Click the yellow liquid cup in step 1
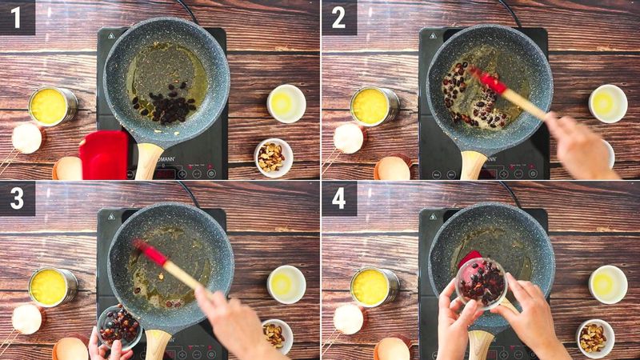click(x=52, y=106)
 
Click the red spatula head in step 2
click(x=489, y=80)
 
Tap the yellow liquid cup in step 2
click(x=374, y=106)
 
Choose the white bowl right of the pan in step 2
click(x=608, y=103)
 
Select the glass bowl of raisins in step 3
click(x=119, y=324)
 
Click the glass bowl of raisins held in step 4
click(x=482, y=282)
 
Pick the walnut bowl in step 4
click(x=594, y=337)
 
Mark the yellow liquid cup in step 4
click(x=374, y=286)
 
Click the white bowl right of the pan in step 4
click(x=608, y=284)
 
